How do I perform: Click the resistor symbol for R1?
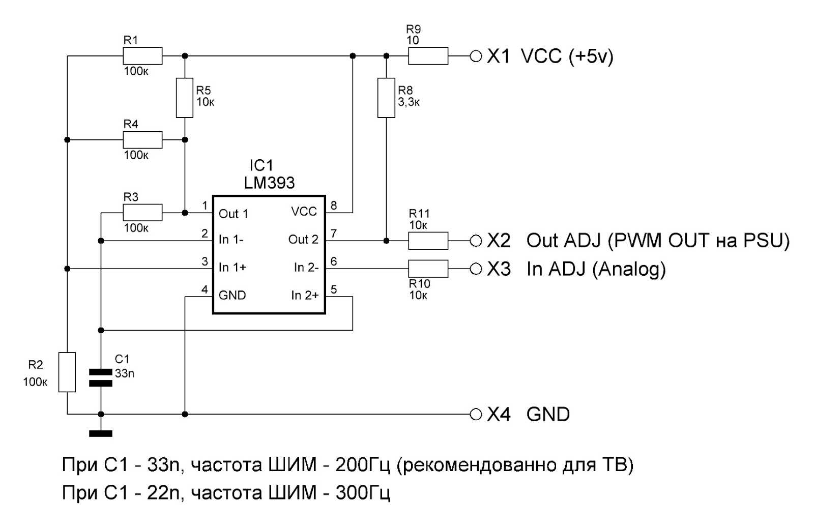click(x=142, y=56)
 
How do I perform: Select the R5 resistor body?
click(x=185, y=98)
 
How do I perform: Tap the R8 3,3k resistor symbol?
click(x=386, y=98)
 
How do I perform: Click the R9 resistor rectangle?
click(x=428, y=56)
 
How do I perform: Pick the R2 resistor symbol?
click(x=67, y=372)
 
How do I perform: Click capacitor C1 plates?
click(x=101, y=377)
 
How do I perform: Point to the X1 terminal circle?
click(x=476, y=56)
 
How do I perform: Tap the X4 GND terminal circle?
click(x=476, y=414)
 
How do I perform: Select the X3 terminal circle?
click(x=476, y=269)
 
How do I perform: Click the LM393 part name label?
click(x=269, y=183)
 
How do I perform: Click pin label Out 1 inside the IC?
click(x=233, y=214)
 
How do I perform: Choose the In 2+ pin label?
click(x=305, y=296)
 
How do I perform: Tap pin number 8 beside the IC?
click(x=334, y=206)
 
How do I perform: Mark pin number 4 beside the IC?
click(x=205, y=289)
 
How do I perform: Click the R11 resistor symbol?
click(x=428, y=241)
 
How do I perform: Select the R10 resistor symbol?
click(x=428, y=269)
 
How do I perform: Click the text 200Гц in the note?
click(x=362, y=464)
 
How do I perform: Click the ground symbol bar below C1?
click(x=101, y=433)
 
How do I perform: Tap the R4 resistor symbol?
click(x=142, y=139)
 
